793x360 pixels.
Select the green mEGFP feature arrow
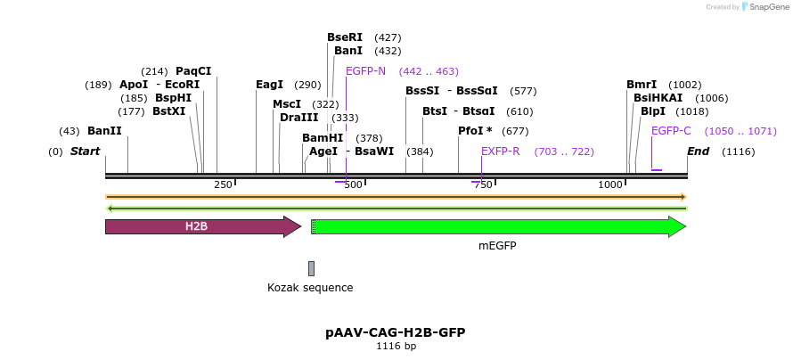(x=499, y=226)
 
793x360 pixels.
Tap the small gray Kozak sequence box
(x=311, y=268)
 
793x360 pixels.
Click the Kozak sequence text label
(x=310, y=288)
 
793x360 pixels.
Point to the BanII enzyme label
(x=104, y=131)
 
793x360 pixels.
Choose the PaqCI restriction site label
(x=193, y=71)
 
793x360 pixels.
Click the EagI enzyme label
(x=269, y=85)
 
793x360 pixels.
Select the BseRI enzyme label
(x=345, y=37)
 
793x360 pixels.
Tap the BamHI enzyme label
(x=323, y=138)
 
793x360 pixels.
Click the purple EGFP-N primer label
(x=365, y=71)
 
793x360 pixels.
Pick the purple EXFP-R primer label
(x=500, y=151)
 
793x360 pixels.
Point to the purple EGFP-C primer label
(x=671, y=131)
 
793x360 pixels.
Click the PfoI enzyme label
(x=475, y=131)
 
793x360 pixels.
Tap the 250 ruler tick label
(x=223, y=184)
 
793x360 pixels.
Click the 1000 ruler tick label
(x=610, y=184)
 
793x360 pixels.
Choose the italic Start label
(x=85, y=151)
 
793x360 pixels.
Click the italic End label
(x=698, y=151)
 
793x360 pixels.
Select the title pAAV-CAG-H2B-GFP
(x=396, y=332)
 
